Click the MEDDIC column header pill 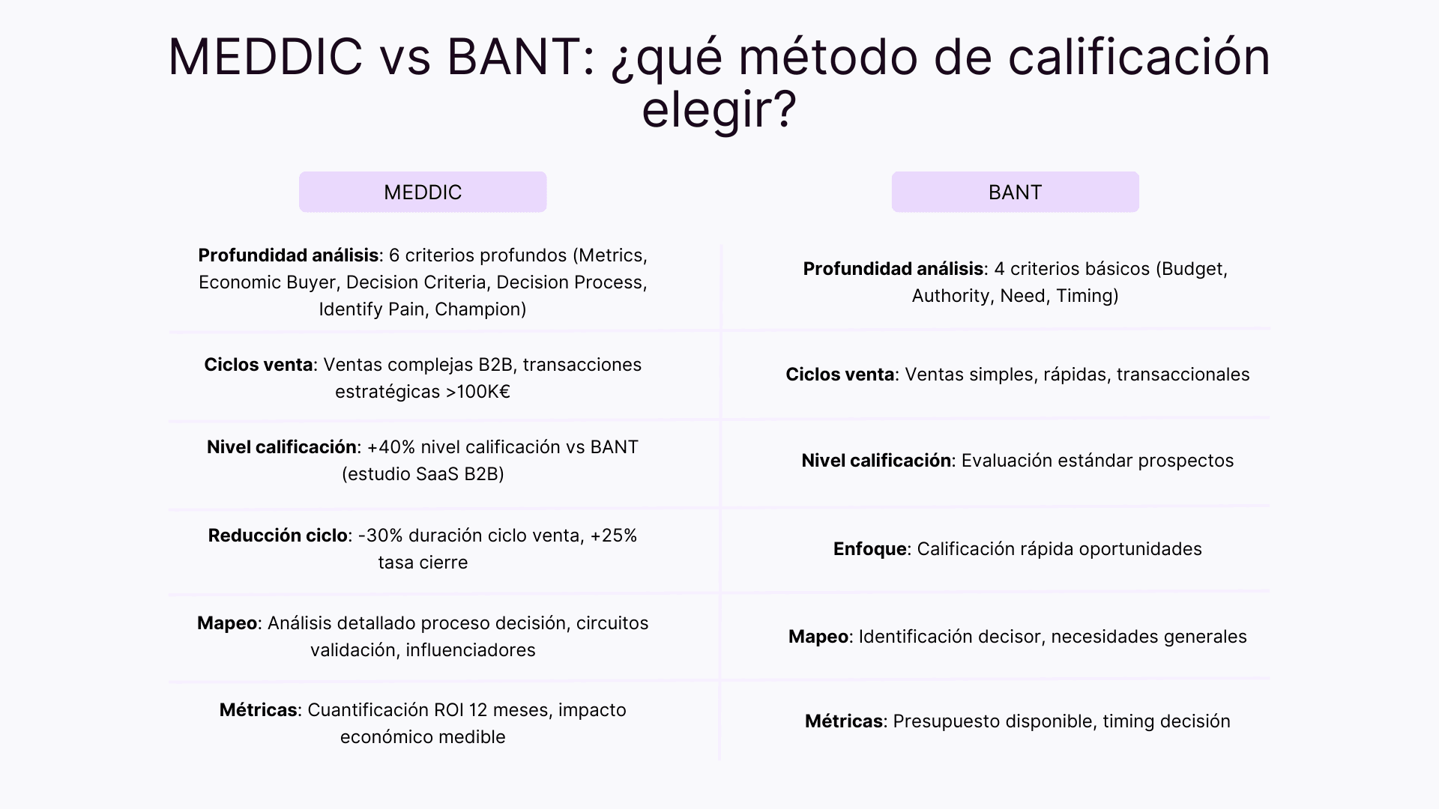pyautogui.click(x=423, y=192)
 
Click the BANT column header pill pyautogui.click(x=1015, y=192)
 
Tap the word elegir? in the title pyautogui.click(x=718, y=110)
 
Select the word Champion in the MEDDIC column pyautogui.click(x=480, y=309)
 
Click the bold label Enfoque pyautogui.click(x=869, y=549)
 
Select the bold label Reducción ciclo pyautogui.click(x=277, y=536)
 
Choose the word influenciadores pyautogui.click(x=471, y=650)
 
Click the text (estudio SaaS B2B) pyautogui.click(x=423, y=474)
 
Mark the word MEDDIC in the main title pyautogui.click(x=265, y=57)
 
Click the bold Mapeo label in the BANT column pyautogui.click(x=818, y=637)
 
